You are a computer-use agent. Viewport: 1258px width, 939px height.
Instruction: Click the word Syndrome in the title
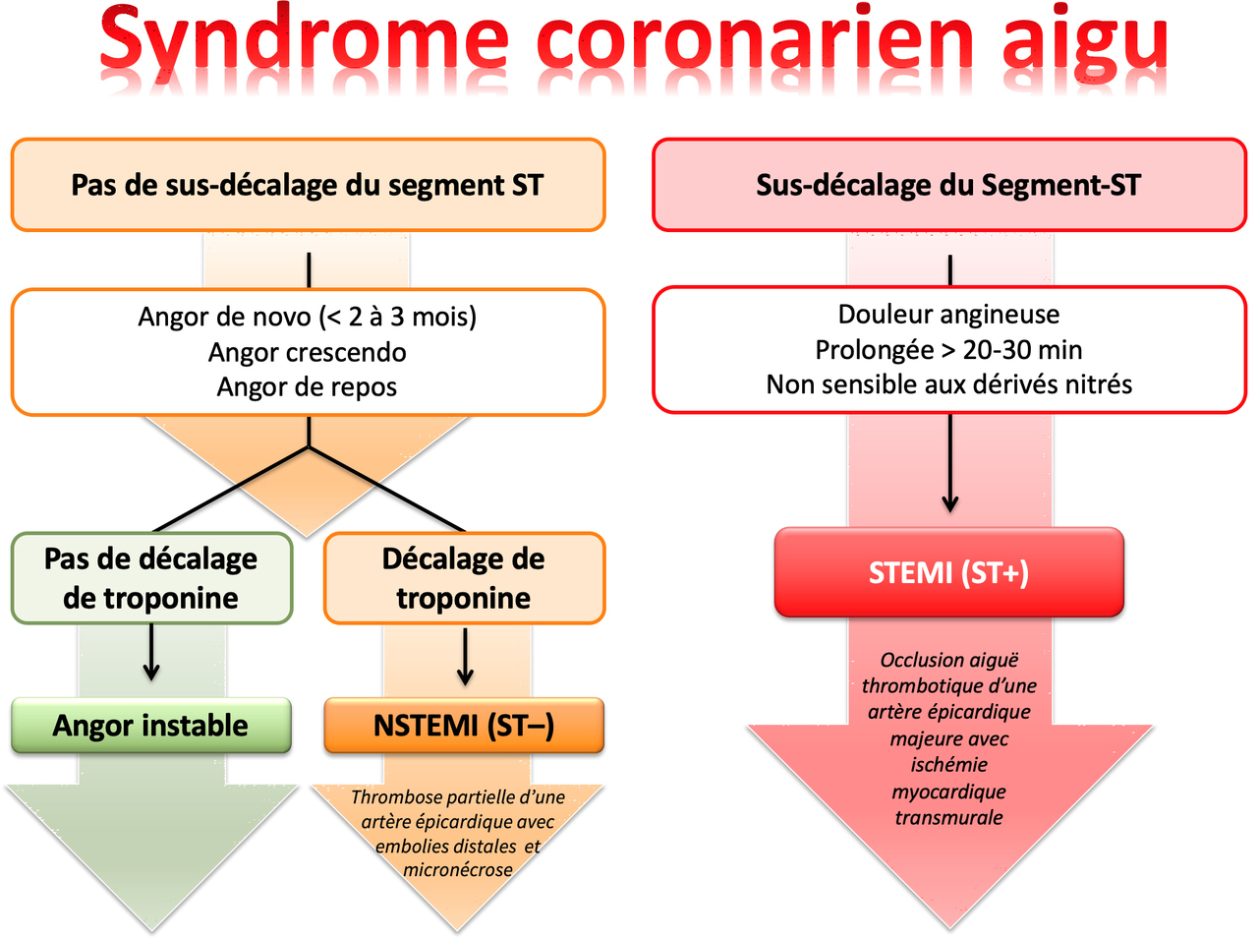point(305,39)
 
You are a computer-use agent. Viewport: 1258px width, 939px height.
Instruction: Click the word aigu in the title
point(1085,39)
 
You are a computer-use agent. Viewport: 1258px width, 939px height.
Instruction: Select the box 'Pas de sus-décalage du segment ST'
point(308,185)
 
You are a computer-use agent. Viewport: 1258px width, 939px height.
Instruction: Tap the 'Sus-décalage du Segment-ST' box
point(949,185)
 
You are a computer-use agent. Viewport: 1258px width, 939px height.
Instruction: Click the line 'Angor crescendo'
point(308,352)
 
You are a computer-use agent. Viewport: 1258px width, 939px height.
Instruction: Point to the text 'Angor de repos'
point(307,387)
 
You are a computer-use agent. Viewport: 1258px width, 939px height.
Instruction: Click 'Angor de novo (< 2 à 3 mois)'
point(308,317)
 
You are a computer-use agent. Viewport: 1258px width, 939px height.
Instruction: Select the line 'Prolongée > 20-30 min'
point(949,350)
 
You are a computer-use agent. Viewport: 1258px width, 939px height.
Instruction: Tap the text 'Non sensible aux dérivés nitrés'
point(949,384)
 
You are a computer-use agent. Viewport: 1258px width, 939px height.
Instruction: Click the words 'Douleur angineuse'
point(949,314)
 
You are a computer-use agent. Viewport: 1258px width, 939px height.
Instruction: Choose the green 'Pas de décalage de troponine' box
point(151,578)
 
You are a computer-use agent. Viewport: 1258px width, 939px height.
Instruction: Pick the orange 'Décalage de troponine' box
point(464,578)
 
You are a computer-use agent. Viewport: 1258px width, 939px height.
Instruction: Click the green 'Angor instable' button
point(151,726)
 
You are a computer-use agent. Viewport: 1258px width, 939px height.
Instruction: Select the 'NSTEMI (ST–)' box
point(464,726)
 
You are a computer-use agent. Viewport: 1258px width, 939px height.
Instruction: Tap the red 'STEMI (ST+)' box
point(949,572)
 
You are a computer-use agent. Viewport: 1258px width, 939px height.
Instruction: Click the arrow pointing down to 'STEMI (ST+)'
point(950,463)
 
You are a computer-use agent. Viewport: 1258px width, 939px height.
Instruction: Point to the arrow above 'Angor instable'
point(151,652)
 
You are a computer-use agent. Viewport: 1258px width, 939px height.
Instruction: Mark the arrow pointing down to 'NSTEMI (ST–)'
point(465,657)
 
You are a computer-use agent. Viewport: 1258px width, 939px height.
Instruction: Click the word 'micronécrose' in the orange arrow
point(458,869)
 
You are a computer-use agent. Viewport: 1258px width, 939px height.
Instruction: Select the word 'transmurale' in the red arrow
point(949,817)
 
